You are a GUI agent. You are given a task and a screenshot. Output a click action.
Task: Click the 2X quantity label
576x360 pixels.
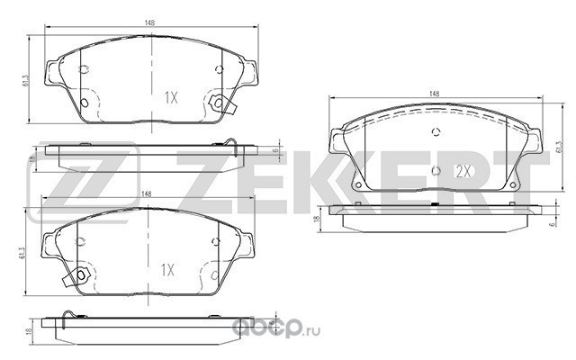coord(463,171)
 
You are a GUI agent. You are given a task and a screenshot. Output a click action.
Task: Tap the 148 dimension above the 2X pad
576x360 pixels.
coord(434,94)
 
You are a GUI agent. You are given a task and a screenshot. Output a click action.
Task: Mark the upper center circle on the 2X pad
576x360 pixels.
coord(436,132)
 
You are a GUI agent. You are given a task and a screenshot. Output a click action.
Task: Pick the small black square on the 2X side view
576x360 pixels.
coord(436,204)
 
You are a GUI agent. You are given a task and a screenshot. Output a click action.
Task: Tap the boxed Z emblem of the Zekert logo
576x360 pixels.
coord(84,183)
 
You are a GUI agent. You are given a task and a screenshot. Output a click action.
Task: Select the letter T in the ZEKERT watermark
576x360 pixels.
coord(526,182)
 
